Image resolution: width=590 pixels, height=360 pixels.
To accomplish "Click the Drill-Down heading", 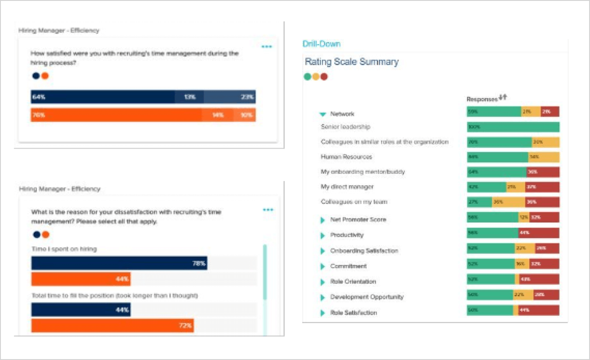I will (x=321, y=44).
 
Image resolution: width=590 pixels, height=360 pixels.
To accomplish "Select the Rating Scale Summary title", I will (x=351, y=62).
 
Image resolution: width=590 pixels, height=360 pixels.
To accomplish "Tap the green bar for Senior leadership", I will (x=513, y=127).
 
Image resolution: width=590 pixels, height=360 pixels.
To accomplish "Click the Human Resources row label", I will (x=346, y=157).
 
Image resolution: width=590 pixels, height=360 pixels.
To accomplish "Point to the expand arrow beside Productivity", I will (x=322, y=236).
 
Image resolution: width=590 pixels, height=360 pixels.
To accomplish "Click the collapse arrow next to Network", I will (x=323, y=114).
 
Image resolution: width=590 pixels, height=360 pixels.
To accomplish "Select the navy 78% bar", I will (x=119, y=263).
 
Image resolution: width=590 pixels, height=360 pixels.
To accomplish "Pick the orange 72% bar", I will (x=112, y=325).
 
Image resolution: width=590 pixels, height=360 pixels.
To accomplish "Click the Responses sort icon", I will (x=503, y=98).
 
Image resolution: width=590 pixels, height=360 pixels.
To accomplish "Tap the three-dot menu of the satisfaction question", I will (x=267, y=46).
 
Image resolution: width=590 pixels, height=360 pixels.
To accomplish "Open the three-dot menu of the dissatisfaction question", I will (x=268, y=210).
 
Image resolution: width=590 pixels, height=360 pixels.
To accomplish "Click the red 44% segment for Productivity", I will (x=538, y=233).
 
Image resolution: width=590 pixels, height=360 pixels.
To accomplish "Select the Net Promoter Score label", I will (x=358, y=220).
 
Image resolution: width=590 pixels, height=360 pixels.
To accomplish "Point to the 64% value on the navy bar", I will (x=39, y=97).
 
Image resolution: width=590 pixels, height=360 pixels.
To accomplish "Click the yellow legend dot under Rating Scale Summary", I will (x=316, y=77).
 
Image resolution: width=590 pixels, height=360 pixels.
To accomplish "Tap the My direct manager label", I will (x=347, y=187).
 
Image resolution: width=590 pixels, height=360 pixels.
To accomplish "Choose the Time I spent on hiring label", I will (x=64, y=249).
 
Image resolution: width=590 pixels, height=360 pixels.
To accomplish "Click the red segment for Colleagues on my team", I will (x=542, y=202).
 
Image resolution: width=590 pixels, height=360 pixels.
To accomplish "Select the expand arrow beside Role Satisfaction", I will (x=322, y=313).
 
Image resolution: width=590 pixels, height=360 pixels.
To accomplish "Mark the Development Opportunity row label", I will (x=367, y=297).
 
